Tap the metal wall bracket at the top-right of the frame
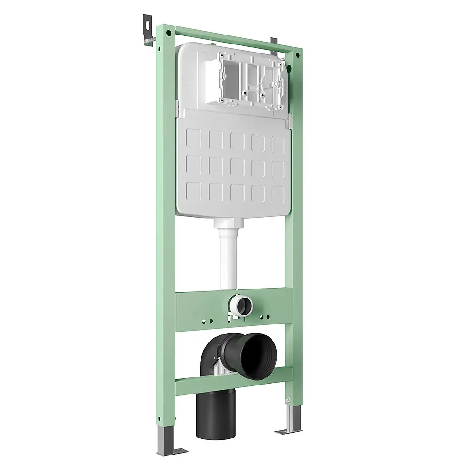[273, 42]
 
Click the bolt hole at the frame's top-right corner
[298, 55]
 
